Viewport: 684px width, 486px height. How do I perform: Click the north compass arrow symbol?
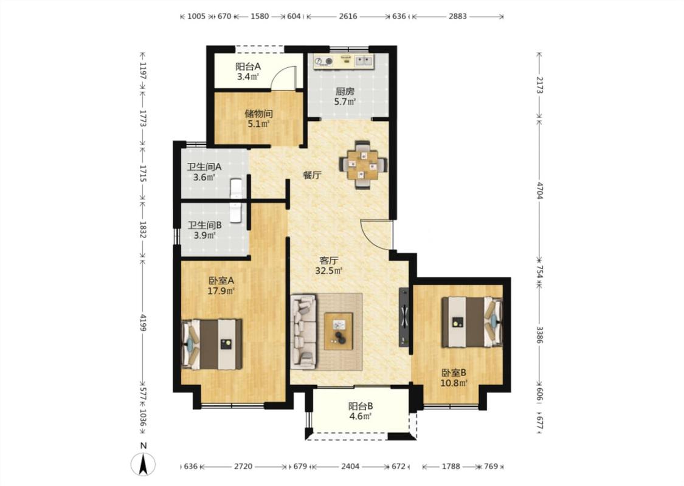click(143, 464)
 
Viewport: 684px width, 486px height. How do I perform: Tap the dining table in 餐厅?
click(364, 165)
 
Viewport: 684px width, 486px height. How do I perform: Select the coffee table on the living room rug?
click(339, 331)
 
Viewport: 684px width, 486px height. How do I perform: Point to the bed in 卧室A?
click(212, 344)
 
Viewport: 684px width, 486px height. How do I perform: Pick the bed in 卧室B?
click(472, 322)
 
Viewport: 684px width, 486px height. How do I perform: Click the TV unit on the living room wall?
click(404, 317)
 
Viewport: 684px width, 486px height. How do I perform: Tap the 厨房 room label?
click(345, 92)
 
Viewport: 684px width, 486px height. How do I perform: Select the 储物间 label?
click(258, 114)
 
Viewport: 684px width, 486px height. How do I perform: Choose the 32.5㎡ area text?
click(329, 271)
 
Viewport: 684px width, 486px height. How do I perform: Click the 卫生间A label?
click(204, 167)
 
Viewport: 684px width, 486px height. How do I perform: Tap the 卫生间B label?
click(204, 225)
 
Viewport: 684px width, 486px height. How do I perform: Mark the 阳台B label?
click(361, 406)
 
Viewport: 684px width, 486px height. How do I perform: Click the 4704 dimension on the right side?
click(540, 191)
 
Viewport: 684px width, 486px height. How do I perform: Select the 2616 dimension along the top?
click(348, 16)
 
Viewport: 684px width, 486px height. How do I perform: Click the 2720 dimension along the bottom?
click(243, 467)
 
